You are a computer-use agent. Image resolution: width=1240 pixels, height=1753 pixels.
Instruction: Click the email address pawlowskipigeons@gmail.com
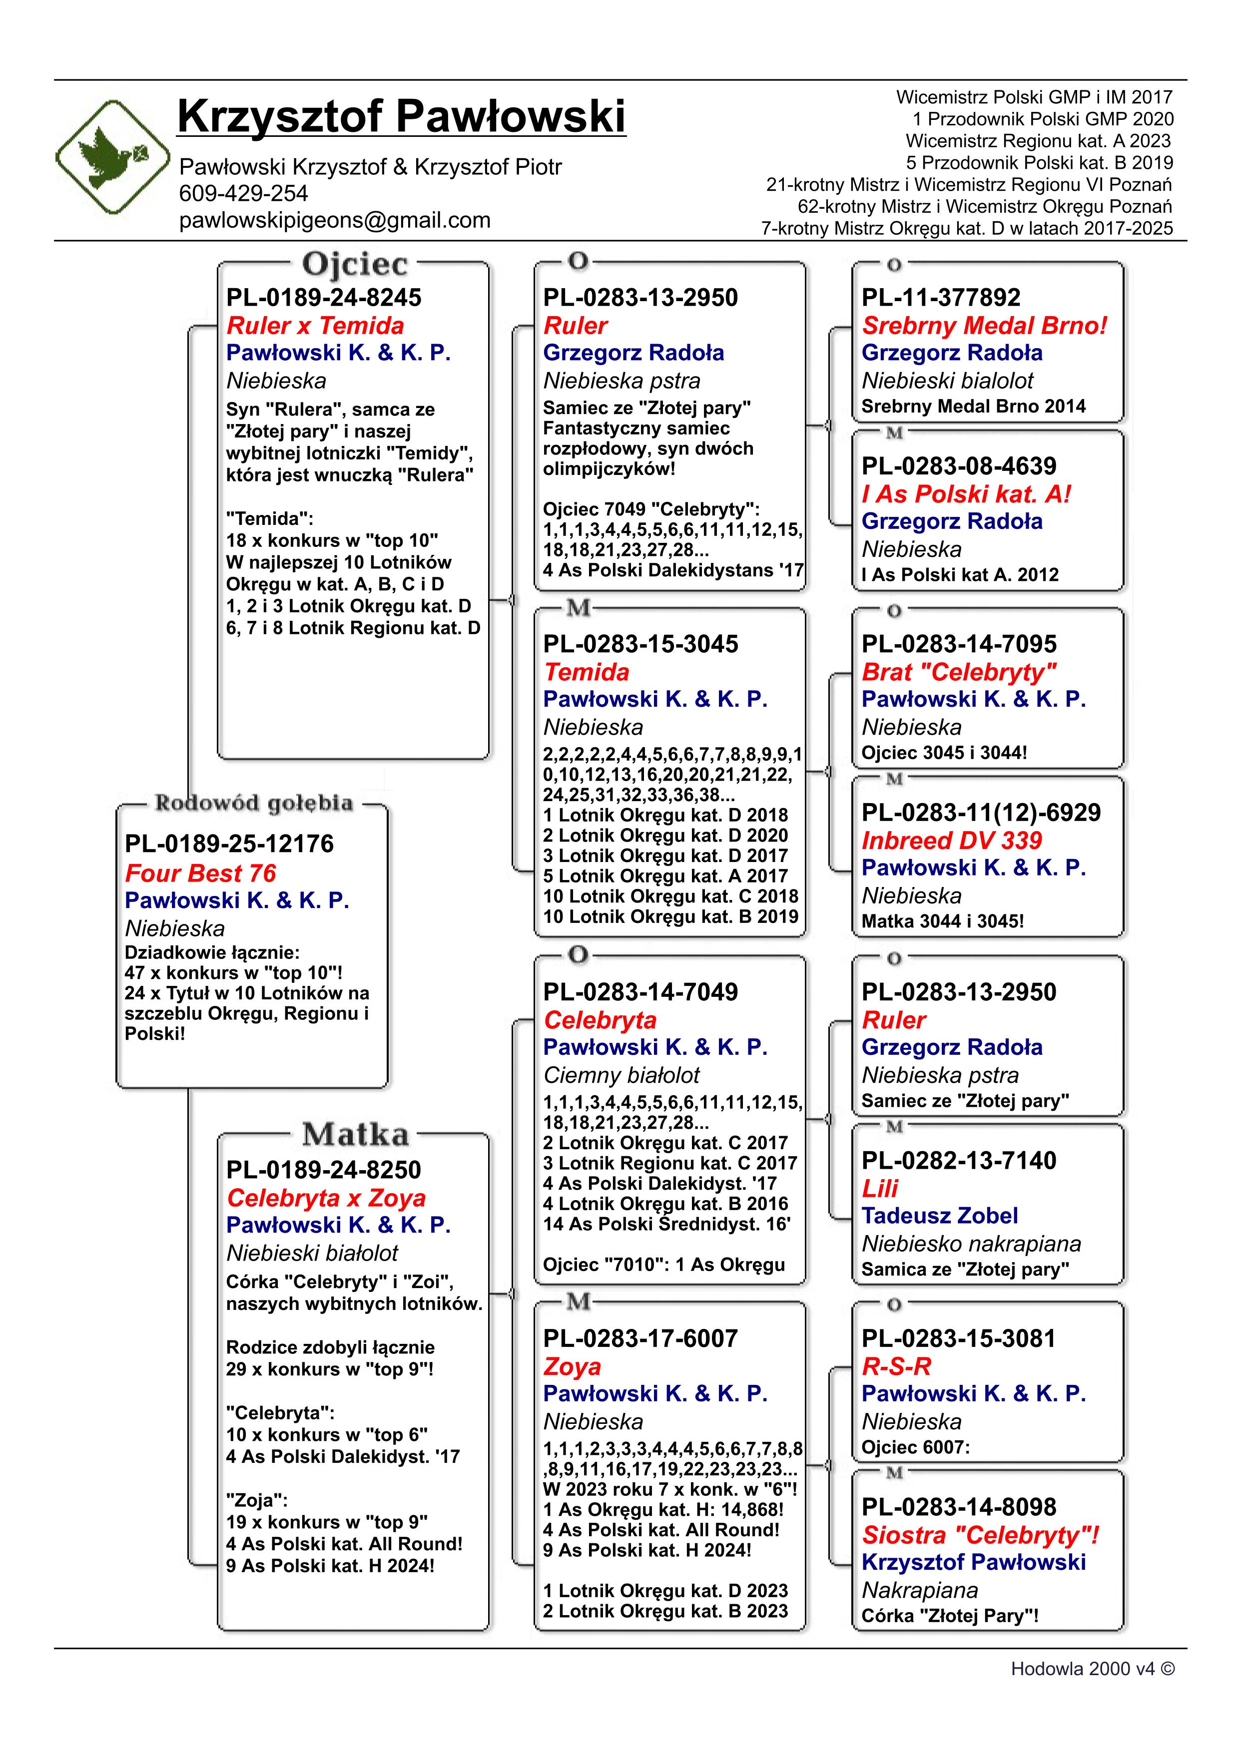point(334,221)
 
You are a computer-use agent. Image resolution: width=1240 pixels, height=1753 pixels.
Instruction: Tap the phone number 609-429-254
point(244,193)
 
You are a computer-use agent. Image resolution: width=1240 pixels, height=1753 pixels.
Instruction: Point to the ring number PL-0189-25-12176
point(229,844)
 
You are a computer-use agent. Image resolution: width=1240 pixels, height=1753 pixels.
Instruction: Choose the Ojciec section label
point(355,264)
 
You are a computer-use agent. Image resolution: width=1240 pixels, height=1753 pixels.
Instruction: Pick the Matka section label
point(355,1135)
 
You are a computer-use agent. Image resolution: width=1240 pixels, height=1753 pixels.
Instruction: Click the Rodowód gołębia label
point(253,803)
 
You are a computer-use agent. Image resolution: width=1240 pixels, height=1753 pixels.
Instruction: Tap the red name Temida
point(587,672)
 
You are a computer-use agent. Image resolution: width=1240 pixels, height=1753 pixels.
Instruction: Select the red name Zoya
point(572,1366)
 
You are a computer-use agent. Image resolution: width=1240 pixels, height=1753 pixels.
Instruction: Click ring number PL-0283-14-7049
point(640,992)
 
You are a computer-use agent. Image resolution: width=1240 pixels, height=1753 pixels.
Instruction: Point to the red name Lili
point(880,1188)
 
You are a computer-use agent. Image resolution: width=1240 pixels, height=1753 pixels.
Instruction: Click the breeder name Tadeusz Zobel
point(939,1216)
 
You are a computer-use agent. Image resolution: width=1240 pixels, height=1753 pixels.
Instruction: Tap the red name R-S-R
point(896,1366)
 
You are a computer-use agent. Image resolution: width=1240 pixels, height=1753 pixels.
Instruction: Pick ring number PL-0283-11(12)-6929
point(981,813)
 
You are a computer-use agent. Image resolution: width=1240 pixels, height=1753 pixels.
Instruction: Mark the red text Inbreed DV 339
point(951,841)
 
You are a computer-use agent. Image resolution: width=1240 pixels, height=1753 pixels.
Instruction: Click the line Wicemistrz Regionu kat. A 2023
point(1038,141)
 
